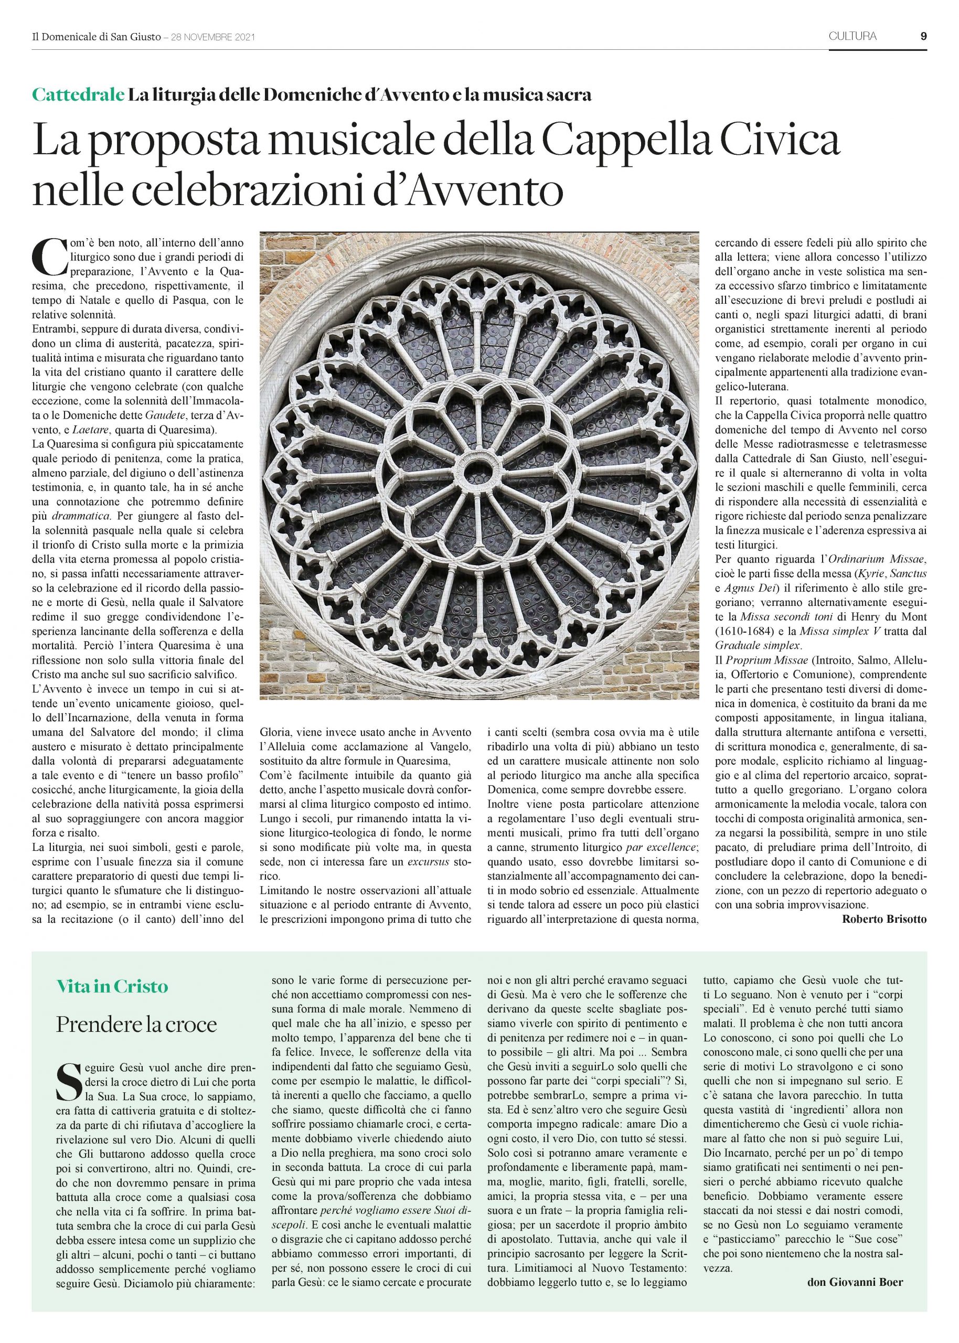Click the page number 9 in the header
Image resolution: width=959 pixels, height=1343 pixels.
[x=923, y=36]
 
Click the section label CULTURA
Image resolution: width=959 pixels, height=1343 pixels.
[x=852, y=36]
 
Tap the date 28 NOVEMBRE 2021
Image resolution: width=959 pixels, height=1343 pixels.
[x=212, y=37]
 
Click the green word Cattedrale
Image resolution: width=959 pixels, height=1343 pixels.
[x=78, y=94]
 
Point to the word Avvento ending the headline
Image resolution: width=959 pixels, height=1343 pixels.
[x=498, y=192]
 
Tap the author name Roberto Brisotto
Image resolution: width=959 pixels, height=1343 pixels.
[x=884, y=919]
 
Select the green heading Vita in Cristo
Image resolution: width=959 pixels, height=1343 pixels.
[x=112, y=986]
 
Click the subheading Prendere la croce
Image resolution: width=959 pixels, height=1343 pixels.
[x=136, y=1024]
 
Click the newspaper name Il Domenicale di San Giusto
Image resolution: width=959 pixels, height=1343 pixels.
[x=96, y=37]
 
